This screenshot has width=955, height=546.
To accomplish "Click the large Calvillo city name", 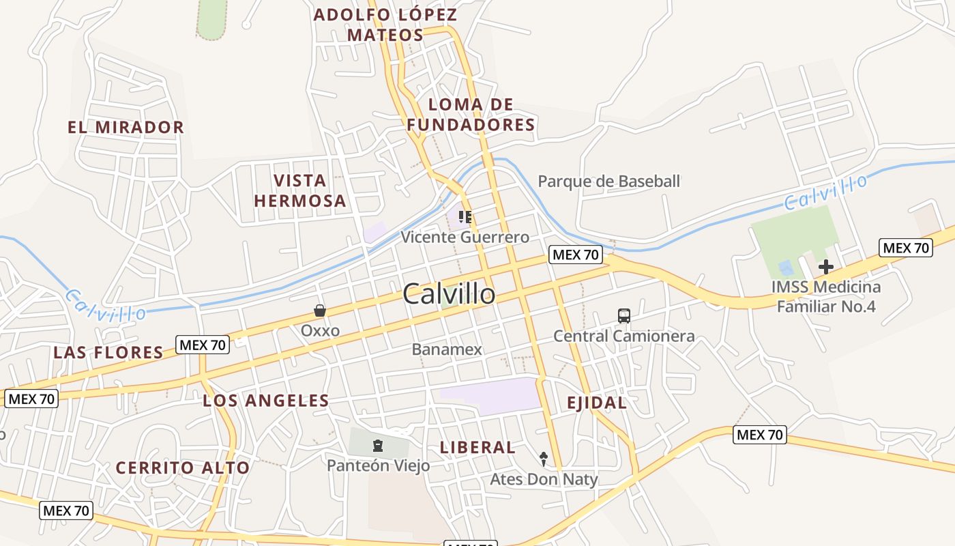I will click(449, 294).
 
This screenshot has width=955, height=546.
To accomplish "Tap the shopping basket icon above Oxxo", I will click(319, 311).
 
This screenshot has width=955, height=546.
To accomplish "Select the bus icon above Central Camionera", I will click(623, 316).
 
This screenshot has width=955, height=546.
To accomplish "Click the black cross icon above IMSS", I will click(826, 267).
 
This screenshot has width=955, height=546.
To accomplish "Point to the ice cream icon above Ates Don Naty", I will click(544, 458).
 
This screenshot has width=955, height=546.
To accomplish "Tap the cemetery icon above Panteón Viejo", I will click(377, 446).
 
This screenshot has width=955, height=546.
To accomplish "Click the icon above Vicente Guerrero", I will click(465, 217).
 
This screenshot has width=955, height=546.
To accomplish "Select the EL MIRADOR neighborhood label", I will click(126, 127).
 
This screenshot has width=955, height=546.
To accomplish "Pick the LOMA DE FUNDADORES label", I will click(471, 115).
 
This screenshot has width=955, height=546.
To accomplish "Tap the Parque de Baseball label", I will click(609, 182).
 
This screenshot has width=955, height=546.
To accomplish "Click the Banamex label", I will click(447, 349).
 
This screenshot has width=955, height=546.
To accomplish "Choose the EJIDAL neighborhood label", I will click(597, 403).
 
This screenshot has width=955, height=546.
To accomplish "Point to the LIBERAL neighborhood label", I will click(477, 448).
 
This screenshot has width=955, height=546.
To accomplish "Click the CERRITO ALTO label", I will click(182, 468).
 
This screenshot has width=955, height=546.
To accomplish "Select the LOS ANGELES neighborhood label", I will click(266, 401).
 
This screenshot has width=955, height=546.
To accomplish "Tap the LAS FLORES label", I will click(108, 353).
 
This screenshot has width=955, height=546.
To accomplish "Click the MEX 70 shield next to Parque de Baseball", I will click(576, 255).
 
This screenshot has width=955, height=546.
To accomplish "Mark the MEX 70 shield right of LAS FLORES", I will click(202, 345).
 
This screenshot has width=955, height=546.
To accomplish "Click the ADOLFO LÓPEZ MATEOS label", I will click(385, 25).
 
